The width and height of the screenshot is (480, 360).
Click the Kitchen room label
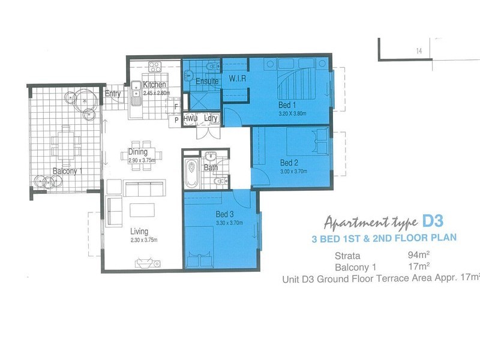pos(154,85)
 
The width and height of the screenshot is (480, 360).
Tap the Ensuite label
pos(207,81)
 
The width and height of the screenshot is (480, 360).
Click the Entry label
pos(113,94)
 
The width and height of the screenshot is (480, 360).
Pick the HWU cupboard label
pos(190,119)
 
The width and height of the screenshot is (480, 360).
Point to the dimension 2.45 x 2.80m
pos(157,92)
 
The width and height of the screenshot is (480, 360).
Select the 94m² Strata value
pos(418,254)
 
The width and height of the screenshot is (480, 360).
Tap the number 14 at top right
pos(418,52)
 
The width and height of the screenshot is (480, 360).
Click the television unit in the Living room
pos(146,261)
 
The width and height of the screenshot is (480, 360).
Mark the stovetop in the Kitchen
pos(155,65)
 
